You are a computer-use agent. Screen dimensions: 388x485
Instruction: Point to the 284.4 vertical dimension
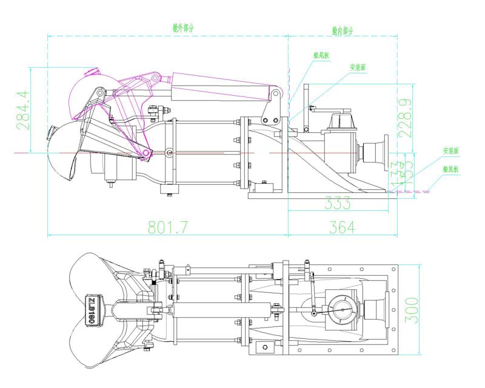[23, 110]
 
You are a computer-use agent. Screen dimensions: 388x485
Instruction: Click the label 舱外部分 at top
[184, 28]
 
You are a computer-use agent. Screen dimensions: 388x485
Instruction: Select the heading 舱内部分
[343, 29]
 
